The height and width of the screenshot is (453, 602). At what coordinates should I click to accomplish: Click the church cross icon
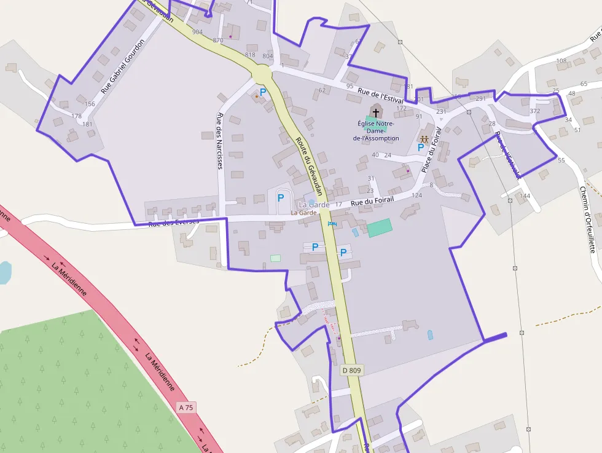pos(376,113)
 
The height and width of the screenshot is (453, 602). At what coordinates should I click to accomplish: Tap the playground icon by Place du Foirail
pos(424,139)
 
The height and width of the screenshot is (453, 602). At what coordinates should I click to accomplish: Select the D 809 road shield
pos(352,370)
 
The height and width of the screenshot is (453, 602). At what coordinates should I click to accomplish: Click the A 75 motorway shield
pos(186,407)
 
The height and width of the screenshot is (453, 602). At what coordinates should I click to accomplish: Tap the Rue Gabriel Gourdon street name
pos(123,66)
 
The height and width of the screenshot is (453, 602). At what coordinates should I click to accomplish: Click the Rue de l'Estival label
pos(380,95)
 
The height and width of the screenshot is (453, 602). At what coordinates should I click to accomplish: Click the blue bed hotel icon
pos(332,224)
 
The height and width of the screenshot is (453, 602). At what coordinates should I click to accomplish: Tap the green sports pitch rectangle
pos(379,227)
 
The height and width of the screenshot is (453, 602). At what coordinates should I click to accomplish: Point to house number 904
pos(197,32)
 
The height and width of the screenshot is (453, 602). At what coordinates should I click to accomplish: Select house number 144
pos(524,196)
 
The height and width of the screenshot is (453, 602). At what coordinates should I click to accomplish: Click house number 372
pos(534,111)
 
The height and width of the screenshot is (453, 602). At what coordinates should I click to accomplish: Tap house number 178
pos(76,116)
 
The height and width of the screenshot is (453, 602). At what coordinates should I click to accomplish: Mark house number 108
pos(561,61)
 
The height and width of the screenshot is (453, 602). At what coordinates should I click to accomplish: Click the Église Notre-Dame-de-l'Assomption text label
pos(376,130)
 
